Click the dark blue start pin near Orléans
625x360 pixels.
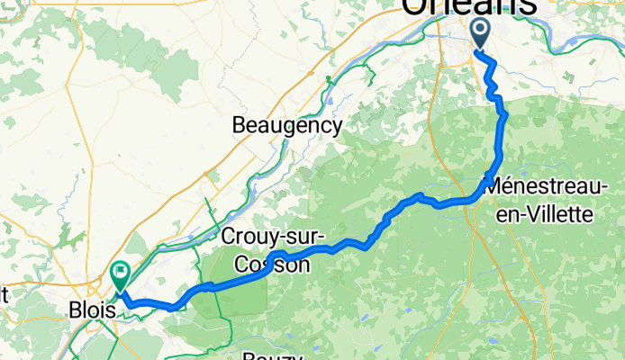pos(479,34)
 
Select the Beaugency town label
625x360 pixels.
pos(287,126)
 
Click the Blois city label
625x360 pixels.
pos(92,309)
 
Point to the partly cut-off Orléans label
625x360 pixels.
pos(468,7)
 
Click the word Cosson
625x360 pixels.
pos(271,265)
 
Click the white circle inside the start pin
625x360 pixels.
pos(479,30)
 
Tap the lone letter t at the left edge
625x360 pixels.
pos(4,292)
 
